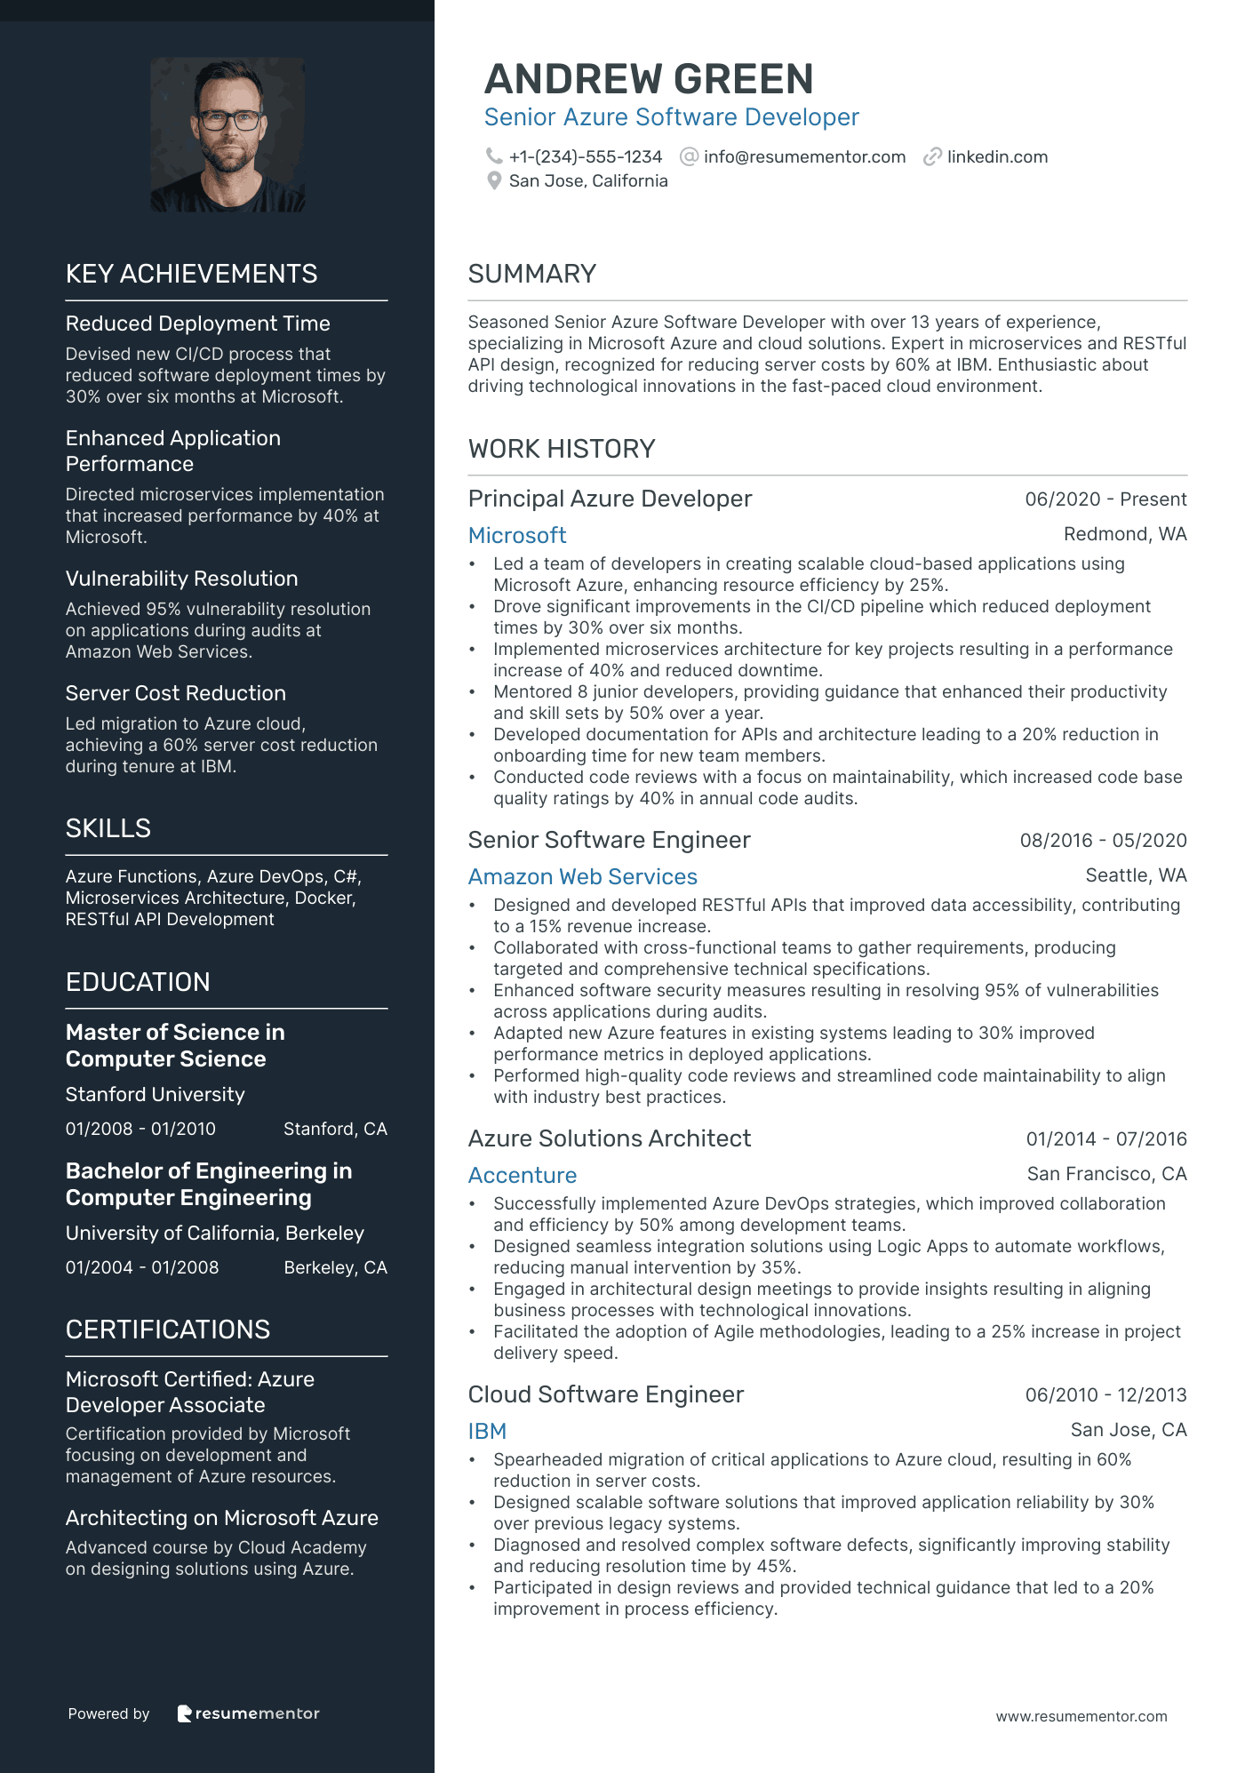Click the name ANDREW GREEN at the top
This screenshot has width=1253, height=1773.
click(x=649, y=79)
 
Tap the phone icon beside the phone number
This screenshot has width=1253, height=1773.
click(x=494, y=156)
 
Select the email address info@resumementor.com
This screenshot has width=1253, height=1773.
click(x=804, y=157)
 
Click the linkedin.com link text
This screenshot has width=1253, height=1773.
click(x=997, y=157)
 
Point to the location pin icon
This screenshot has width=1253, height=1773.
click(x=494, y=180)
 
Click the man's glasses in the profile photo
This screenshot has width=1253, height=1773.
click(x=228, y=119)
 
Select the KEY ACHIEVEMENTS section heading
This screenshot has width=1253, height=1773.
click(x=191, y=274)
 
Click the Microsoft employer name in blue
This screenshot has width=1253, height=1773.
click(x=517, y=535)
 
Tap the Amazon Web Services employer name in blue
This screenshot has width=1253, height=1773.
click(x=582, y=876)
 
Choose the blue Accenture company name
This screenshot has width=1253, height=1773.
click(x=523, y=1175)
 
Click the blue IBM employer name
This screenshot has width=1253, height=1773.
click(x=487, y=1431)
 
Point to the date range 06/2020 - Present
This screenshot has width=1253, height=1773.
click(x=1105, y=499)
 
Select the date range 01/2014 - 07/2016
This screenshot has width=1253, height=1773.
click(x=1106, y=1139)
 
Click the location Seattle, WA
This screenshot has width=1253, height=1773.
click(x=1136, y=875)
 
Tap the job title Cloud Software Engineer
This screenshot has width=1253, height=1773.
click(x=605, y=1394)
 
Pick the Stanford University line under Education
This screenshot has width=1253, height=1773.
click(x=155, y=1094)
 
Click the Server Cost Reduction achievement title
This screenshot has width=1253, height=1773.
click(x=175, y=693)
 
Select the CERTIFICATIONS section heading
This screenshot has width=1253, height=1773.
click(x=167, y=1330)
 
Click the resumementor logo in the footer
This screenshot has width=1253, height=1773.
click(x=248, y=1713)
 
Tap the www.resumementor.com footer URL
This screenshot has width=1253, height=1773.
click(x=1081, y=1716)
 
